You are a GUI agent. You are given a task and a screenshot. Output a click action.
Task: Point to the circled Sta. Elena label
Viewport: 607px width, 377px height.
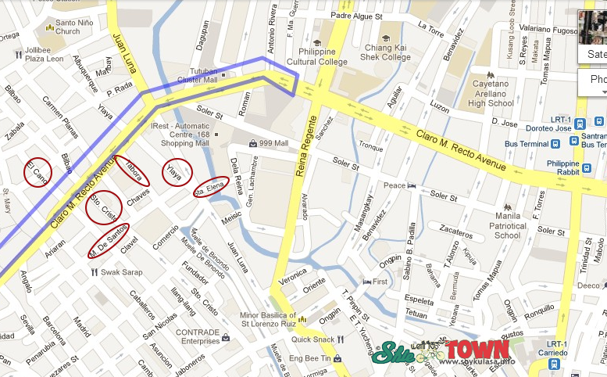click(211, 187)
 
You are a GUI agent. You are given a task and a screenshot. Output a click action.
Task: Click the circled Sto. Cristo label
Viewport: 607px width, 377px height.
click(103, 207)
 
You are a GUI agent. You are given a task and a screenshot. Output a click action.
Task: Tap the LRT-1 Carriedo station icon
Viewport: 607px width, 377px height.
click(553, 364)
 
